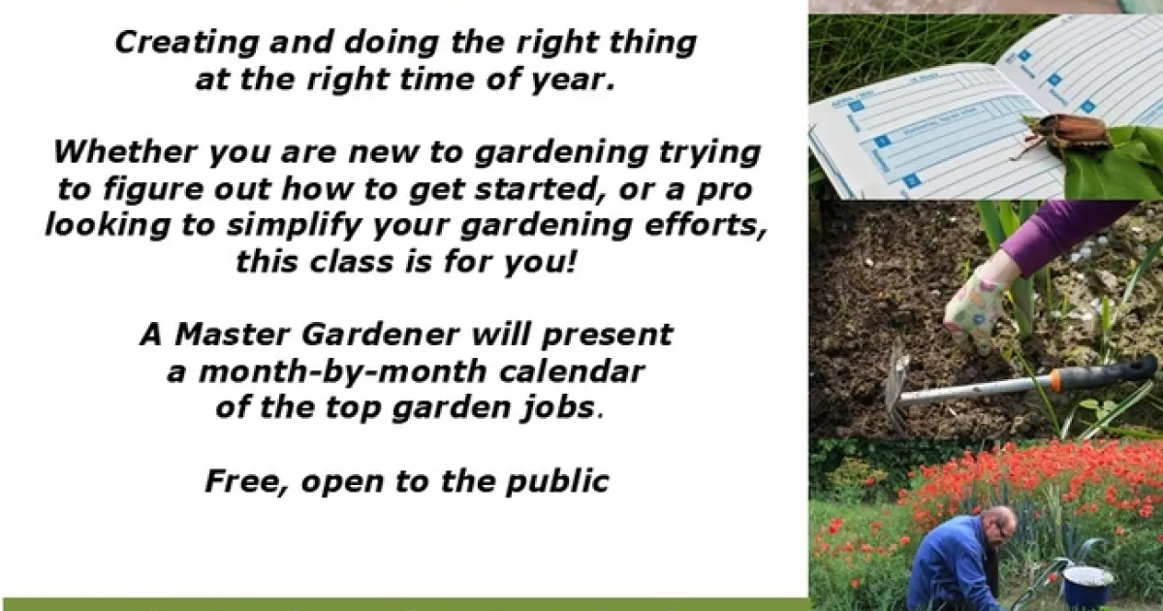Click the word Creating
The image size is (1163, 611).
pos(186,43)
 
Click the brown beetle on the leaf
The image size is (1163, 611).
pos(1064,134)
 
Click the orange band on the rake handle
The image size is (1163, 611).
pos(1055,381)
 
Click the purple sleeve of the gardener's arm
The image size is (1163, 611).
pos(1059,234)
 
